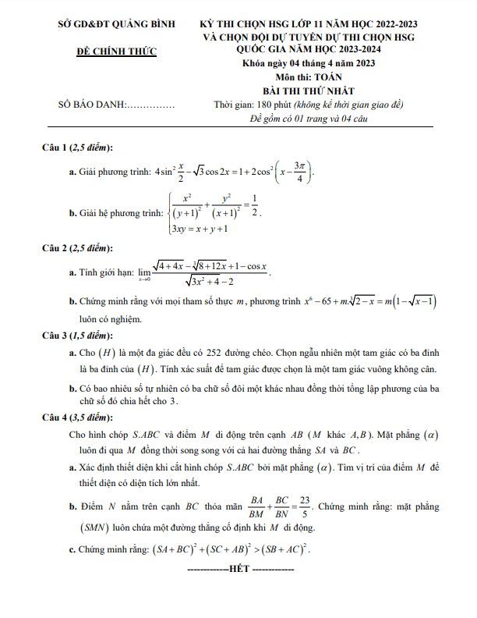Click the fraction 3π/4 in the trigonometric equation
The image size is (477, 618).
(301, 169)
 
